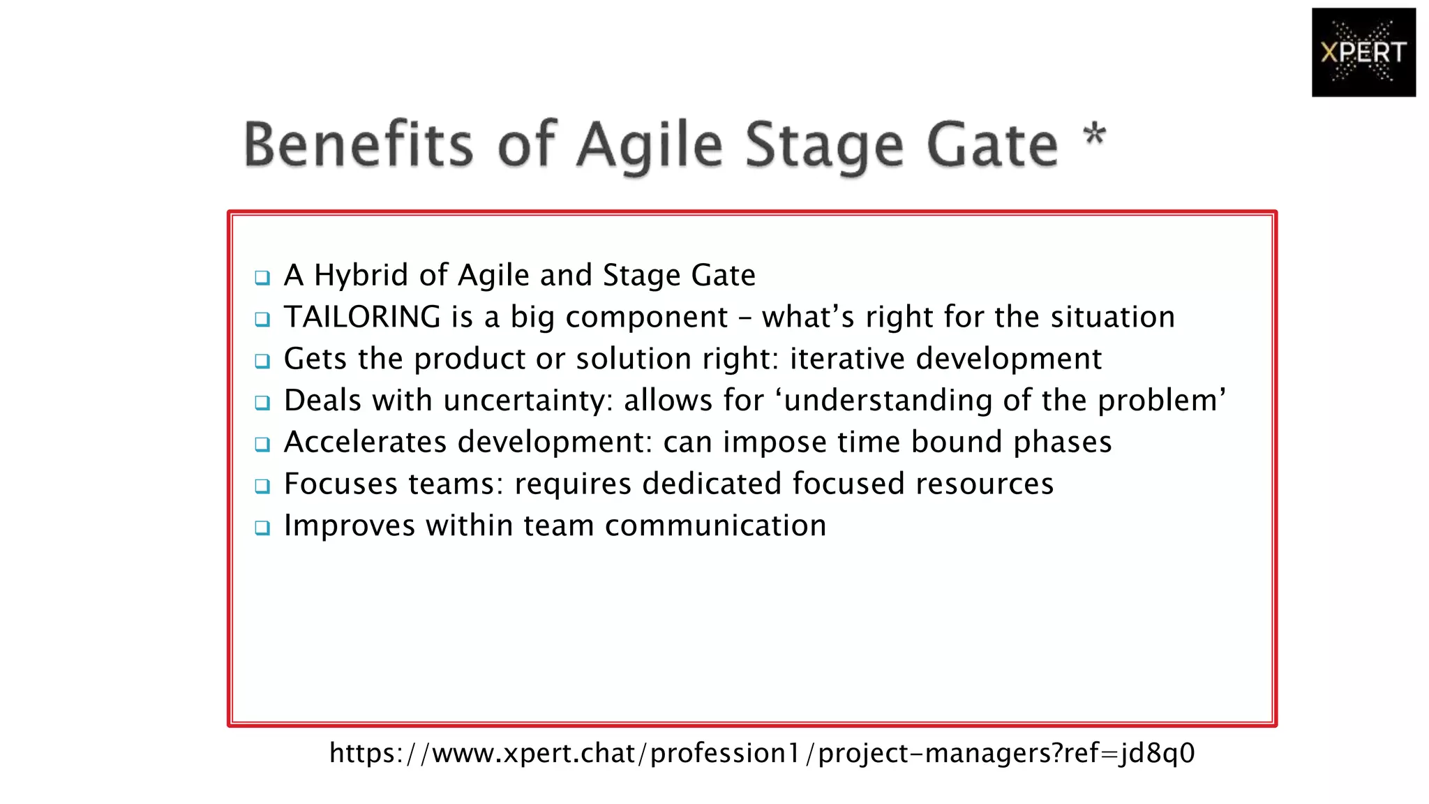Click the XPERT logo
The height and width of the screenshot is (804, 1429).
pos(1363,52)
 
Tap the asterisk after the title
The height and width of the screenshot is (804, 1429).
pos(1094,134)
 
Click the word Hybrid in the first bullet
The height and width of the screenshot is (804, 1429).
pos(361,276)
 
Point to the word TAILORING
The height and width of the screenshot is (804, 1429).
pos(362,317)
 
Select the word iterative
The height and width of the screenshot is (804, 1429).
pos(847,359)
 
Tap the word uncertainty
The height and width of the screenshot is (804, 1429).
pos(528,401)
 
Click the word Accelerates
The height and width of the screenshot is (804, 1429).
pos(365,442)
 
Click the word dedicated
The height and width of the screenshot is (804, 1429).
pos(711,484)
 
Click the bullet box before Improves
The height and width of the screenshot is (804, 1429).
pos(262,528)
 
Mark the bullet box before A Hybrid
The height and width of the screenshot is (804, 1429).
pos(262,278)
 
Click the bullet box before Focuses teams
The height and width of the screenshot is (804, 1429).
pos(262,486)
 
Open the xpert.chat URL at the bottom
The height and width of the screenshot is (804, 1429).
pos(762,753)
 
